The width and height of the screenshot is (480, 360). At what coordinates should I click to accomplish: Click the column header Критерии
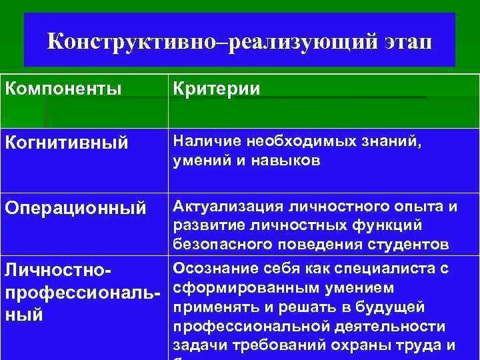coord(217,89)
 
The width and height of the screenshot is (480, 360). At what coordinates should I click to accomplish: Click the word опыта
coord(418,207)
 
